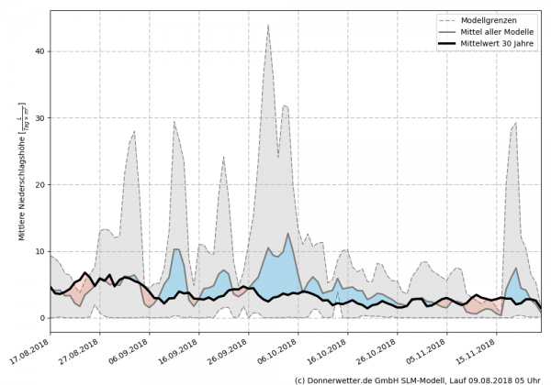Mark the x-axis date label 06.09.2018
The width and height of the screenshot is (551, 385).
(x=133, y=351)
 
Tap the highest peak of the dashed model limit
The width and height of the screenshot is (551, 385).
(x=268, y=25)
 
